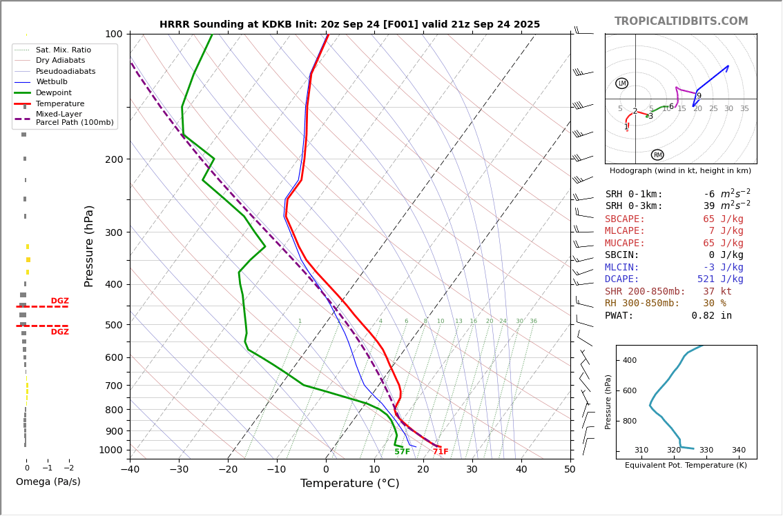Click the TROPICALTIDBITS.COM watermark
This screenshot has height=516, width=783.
pyautogui.click(x=681, y=21)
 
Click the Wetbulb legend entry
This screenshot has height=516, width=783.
pyautogui.click(x=52, y=82)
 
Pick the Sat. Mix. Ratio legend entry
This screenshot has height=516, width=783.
pyautogui.click(x=63, y=50)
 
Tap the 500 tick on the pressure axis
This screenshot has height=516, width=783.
pyautogui.click(x=113, y=325)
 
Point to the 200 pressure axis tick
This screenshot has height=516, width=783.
pyautogui.click(x=113, y=159)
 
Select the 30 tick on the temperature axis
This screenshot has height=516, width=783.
pyautogui.click(x=472, y=470)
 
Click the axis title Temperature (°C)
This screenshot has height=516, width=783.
pyautogui.click(x=349, y=484)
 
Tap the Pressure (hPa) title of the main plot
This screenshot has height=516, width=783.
pyautogui.click(x=89, y=246)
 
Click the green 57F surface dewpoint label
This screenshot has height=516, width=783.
pyautogui.click(x=402, y=452)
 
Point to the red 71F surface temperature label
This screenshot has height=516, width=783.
pyautogui.click(x=441, y=452)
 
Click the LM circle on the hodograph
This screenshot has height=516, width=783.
pyautogui.click(x=621, y=83)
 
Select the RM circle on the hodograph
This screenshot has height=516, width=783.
pyautogui.click(x=657, y=155)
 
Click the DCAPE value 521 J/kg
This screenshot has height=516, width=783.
pyautogui.click(x=720, y=279)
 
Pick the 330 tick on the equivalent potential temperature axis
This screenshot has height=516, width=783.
pyautogui.click(x=706, y=450)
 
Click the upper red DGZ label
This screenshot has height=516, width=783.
pyautogui.click(x=59, y=301)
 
